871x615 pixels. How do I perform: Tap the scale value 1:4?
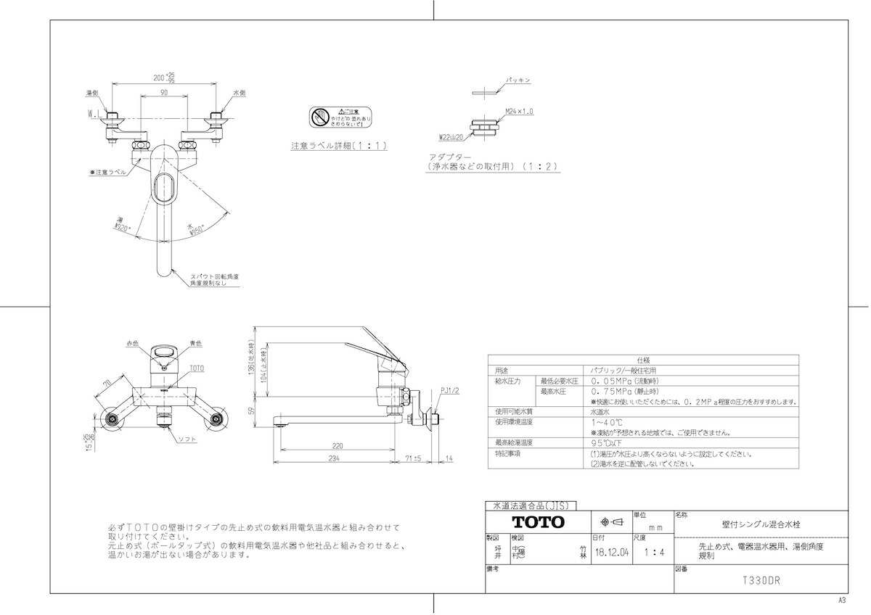pyautogui.click(x=654, y=552)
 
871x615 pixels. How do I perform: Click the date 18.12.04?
pyautogui.click(x=611, y=552)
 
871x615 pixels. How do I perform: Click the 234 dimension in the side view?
pyautogui.click(x=335, y=459)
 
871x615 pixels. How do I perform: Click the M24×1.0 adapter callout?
pyautogui.click(x=520, y=112)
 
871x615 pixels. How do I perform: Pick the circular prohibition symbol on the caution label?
pyautogui.click(x=320, y=117)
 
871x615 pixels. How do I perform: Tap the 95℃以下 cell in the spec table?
pyautogui.click(x=608, y=442)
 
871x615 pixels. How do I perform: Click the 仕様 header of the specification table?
pyautogui.click(x=643, y=359)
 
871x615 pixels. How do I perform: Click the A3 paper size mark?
pyautogui.click(x=843, y=600)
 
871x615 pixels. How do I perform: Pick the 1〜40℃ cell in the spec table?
pyautogui.click(x=607, y=421)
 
